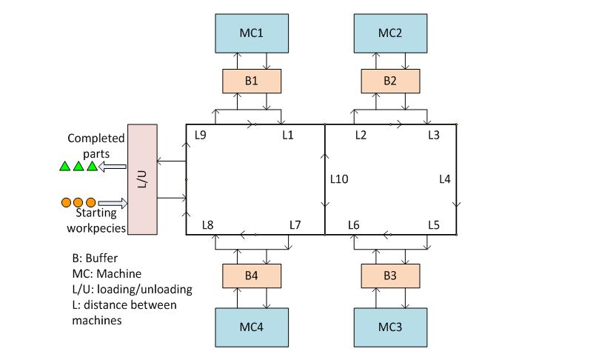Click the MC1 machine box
click(x=251, y=34)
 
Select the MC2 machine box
click(x=389, y=34)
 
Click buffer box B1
click(x=251, y=80)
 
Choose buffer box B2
click(x=389, y=80)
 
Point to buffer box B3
click(x=389, y=276)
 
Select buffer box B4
click(x=251, y=276)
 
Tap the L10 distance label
click(x=340, y=179)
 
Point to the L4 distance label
click(x=444, y=179)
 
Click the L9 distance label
click(x=201, y=135)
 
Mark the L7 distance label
click(x=295, y=224)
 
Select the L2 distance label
click(x=361, y=135)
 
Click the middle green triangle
click(x=78, y=167)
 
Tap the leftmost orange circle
click(x=66, y=201)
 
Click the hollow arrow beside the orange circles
click(x=111, y=201)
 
